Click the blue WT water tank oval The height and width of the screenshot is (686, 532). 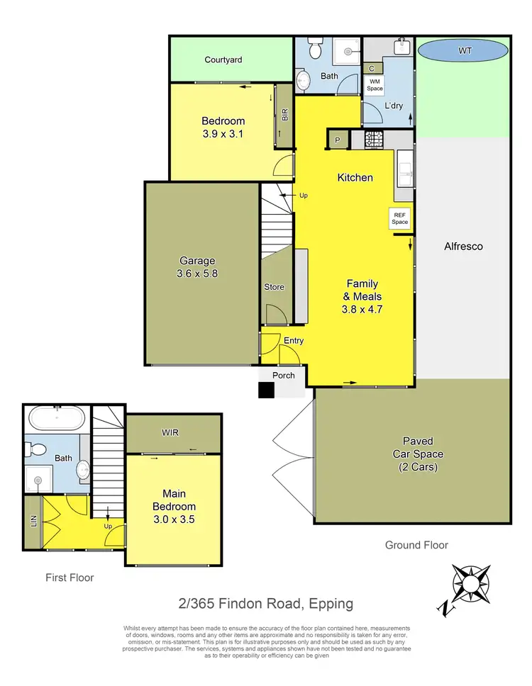point(462,51)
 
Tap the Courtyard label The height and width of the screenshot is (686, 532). point(223,60)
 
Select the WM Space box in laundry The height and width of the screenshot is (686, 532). point(375,85)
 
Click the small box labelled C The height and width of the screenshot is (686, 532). point(372,68)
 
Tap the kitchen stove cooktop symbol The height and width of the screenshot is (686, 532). point(374,140)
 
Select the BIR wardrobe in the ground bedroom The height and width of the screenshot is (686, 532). point(284,116)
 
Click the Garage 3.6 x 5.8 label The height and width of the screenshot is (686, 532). point(197,266)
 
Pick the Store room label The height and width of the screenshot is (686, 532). point(274,287)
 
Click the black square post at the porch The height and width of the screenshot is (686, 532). point(266,390)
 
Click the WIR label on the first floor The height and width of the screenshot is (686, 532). point(170,432)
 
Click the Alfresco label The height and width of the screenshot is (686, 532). point(462,247)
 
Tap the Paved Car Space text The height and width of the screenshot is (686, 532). point(419,454)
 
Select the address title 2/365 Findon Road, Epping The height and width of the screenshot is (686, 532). point(265,604)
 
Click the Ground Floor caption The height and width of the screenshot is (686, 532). point(416,545)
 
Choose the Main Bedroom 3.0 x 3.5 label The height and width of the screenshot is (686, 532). point(174,512)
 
